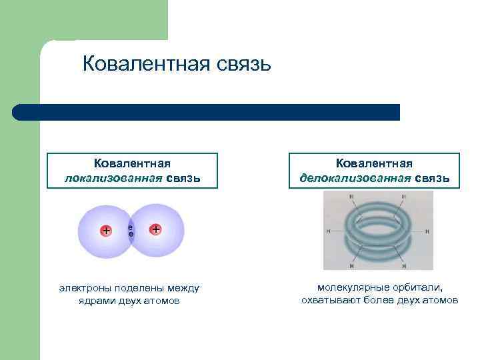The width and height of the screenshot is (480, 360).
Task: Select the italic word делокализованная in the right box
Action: (x=356, y=178)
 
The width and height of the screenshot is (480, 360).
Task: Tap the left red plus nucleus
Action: (x=105, y=231)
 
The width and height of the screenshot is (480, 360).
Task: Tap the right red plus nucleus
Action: (x=155, y=230)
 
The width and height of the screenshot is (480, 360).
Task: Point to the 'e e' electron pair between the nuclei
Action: (x=131, y=231)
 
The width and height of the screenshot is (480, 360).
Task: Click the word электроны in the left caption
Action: (x=83, y=288)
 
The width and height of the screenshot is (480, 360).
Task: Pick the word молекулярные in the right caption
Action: (x=350, y=287)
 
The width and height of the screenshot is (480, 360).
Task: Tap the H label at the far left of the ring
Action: (x=329, y=231)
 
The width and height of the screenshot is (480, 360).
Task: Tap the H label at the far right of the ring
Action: (x=427, y=231)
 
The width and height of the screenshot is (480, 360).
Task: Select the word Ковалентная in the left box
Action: (x=132, y=164)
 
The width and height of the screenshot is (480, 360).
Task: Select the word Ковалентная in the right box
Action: (x=374, y=164)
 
